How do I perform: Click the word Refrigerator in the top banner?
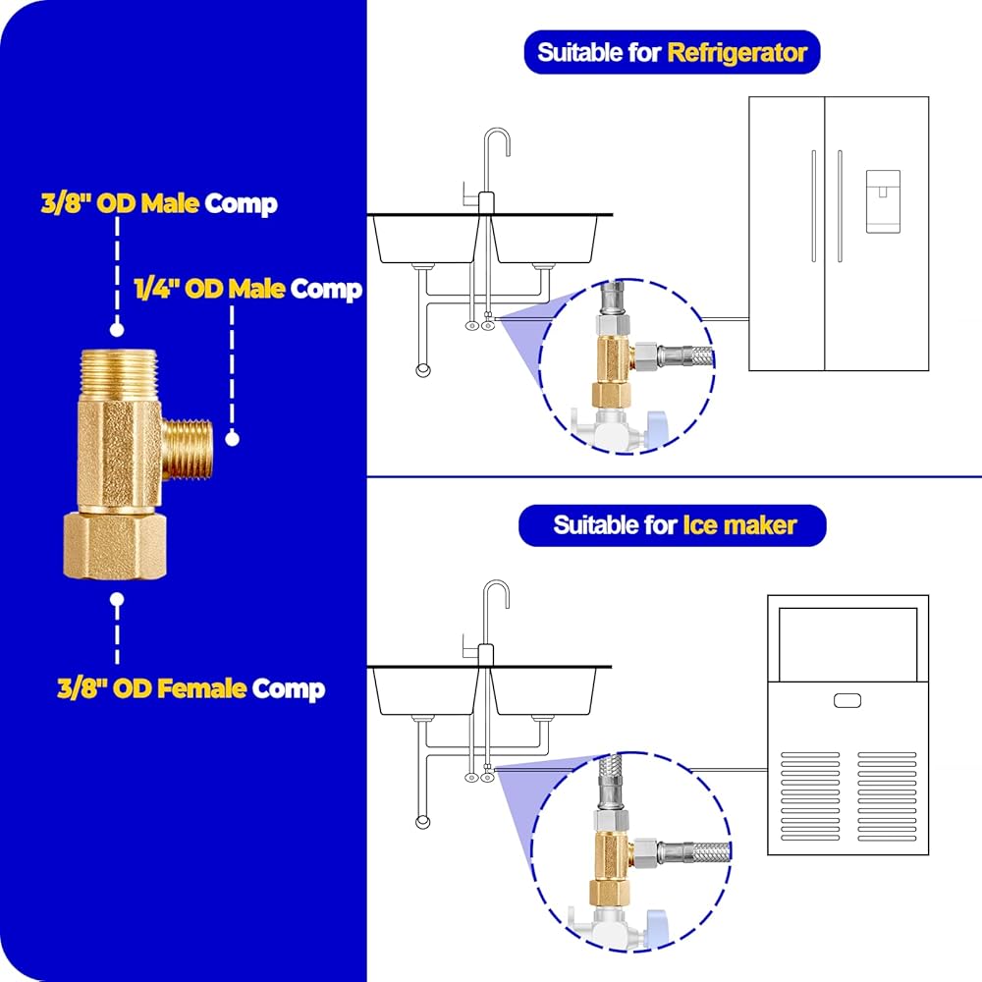tap(736, 53)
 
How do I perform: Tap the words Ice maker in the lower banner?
tap(739, 525)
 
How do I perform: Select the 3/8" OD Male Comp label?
tap(159, 203)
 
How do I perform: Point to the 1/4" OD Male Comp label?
tap(248, 290)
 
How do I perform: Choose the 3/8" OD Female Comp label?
tap(191, 689)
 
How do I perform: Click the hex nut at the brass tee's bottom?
tap(115, 545)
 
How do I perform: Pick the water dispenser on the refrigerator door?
tap(883, 201)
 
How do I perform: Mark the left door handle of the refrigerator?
tap(813, 206)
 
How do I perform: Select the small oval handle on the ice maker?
tap(847, 701)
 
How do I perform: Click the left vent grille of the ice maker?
tap(810, 796)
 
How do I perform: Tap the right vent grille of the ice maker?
tap(887, 796)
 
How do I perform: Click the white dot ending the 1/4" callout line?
tap(233, 439)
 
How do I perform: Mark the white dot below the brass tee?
tap(117, 599)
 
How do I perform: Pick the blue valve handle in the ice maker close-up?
tap(656, 926)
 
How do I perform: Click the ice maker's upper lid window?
tap(848, 644)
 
